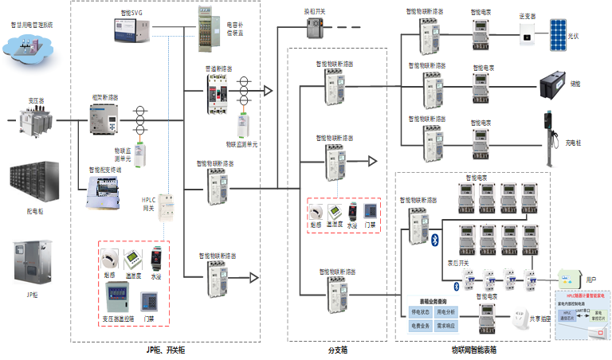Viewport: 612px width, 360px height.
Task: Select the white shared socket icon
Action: click(x=524, y=316)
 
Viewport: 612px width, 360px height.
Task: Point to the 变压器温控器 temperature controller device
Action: click(x=120, y=299)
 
